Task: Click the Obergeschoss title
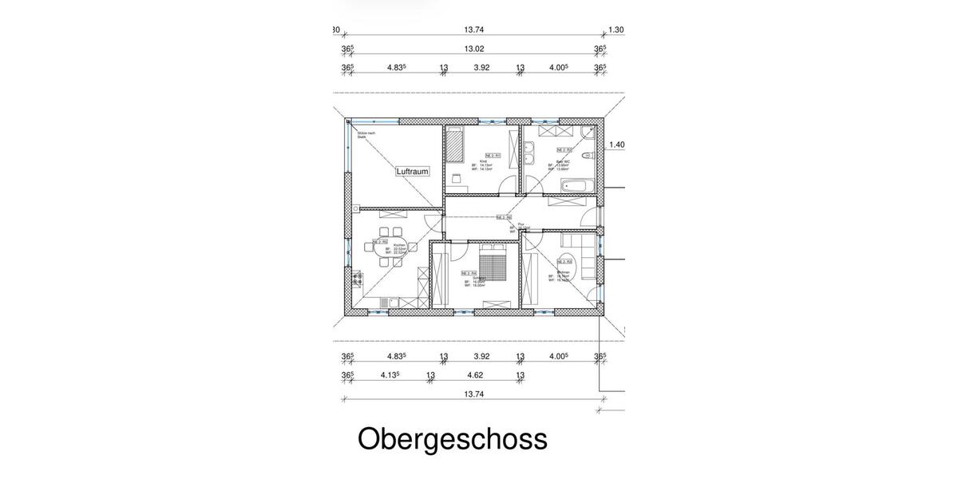point(452,440)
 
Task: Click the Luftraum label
point(413,171)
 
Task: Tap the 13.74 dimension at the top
point(474,30)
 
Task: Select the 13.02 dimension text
point(474,49)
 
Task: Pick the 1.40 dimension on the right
point(616,145)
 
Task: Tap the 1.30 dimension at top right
point(616,30)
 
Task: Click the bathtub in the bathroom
point(576,186)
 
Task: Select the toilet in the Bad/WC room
point(588,155)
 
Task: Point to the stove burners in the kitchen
point(356,279)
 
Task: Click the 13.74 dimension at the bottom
point(474,394)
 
